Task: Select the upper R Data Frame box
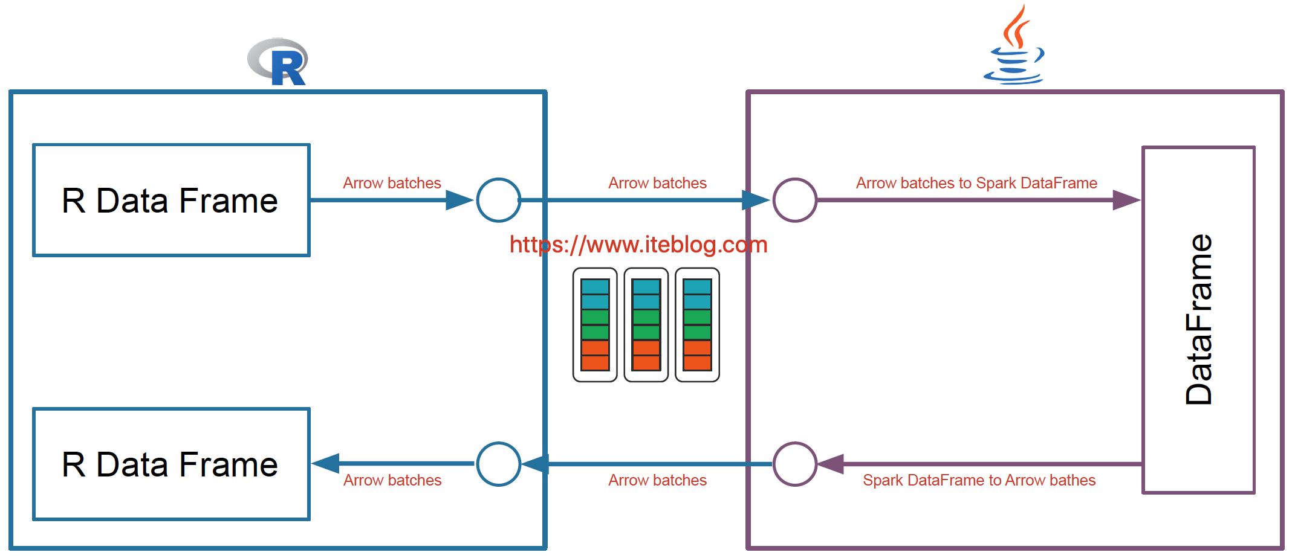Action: [x=171, y=200]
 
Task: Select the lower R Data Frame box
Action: [x=171, y=464]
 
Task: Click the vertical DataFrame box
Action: [x=1198, y=320]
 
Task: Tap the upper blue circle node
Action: [x=498, y=200]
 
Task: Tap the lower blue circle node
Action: [x=498, y=464]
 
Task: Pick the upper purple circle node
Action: [x=795, y=200]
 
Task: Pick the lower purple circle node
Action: [x=795, y=464]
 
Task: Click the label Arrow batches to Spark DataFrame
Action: [x=976, y=183]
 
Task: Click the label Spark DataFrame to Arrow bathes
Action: [x=979, y=480]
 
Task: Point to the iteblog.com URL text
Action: [x=638, y=245]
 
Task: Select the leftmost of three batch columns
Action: [x=595, y=325]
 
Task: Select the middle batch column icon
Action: [x=646, y=325]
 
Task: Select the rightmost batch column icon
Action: [x=697, y=325]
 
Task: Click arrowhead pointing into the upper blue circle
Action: [x=459, y=200]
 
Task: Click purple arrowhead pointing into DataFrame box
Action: [x=1126, y=200]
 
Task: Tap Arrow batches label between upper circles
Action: [x=657, y=183]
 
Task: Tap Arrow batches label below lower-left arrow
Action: [x=392, y=480]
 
